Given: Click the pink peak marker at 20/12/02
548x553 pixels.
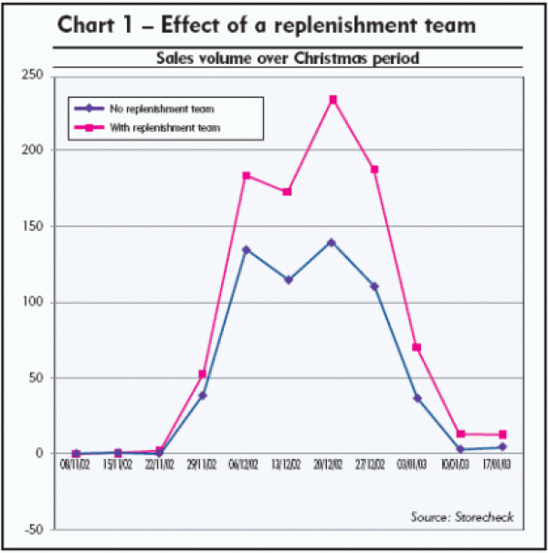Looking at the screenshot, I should [332, 99].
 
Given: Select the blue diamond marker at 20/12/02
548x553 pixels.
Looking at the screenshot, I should [332, 243].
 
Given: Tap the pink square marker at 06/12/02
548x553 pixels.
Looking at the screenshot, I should [247, 175].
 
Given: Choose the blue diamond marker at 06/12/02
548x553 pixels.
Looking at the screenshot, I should [247, 249].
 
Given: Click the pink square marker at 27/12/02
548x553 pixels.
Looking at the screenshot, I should [374, 170].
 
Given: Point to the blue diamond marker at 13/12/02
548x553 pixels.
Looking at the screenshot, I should [289, 280].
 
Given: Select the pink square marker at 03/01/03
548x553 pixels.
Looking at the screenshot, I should [417, 348].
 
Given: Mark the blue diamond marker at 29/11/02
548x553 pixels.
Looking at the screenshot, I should [203, 396].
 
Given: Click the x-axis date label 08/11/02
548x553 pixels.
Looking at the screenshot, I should [76, 466].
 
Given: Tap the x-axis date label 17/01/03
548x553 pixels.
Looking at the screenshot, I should [502, 466].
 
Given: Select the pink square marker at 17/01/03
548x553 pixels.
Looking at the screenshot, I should [502, 434].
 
